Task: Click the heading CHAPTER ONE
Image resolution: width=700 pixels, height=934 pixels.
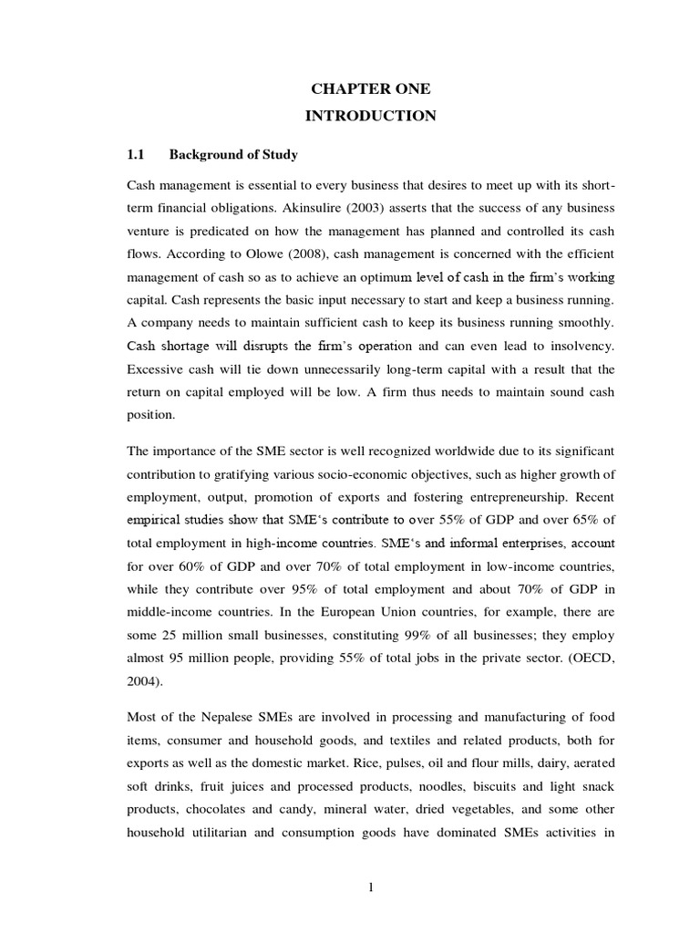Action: coord(371,88)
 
